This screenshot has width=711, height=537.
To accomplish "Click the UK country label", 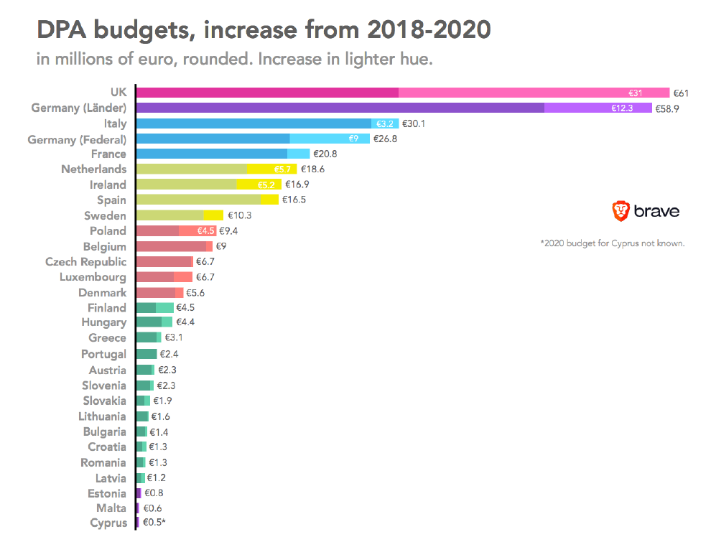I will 118,92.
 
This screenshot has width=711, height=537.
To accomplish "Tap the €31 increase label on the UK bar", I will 636,93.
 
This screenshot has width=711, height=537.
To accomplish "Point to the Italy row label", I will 115,123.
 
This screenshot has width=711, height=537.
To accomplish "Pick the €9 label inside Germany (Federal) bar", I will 353,139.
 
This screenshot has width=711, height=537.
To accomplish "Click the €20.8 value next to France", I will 325,154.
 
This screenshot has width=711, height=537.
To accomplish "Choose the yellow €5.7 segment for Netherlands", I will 283,169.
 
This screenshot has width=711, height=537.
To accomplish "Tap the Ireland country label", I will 108,185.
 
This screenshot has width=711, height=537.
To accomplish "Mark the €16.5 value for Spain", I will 294,200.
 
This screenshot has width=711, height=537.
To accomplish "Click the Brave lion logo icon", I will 621,210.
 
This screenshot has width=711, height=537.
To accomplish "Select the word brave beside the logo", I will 656,211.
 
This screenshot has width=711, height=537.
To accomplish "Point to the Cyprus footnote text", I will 612,243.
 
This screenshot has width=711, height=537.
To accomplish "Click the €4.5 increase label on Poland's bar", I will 206,231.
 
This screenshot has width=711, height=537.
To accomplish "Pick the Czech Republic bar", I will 164,262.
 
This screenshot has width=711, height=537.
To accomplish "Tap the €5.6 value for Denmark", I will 196,293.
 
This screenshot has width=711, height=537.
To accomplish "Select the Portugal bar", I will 146,354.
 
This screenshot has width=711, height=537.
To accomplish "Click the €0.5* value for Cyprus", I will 154,523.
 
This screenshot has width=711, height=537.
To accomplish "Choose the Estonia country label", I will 107,493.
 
